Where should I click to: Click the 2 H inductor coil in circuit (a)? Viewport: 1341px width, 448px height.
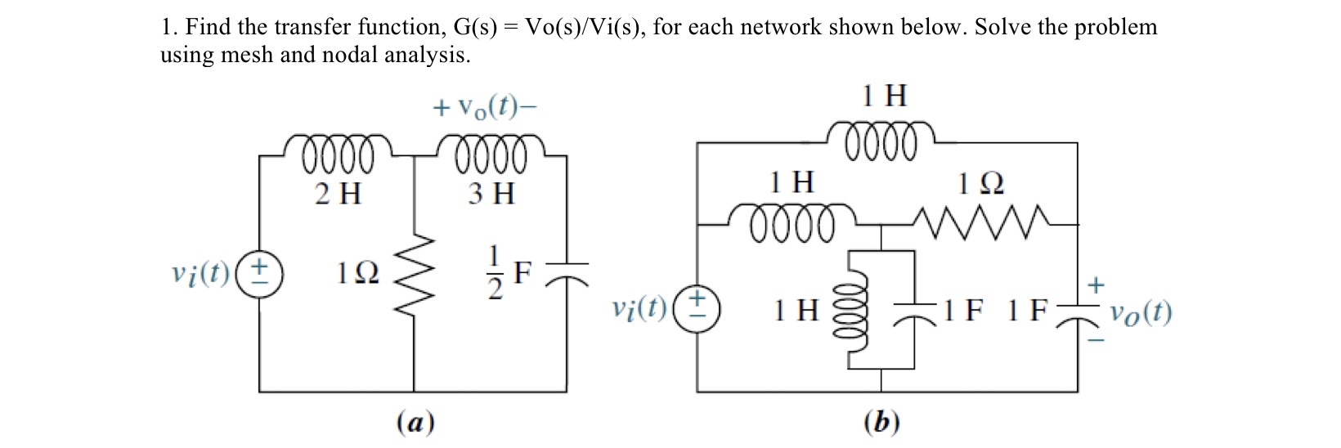click(x=338, y=154)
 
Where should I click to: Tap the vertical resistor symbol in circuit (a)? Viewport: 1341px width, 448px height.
click(x=414, y=269)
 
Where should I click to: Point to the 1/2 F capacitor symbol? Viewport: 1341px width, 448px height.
click(x=567, y=271)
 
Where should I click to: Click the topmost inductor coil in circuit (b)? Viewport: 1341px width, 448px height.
click(x=881, y=137)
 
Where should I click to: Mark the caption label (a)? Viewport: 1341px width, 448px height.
click(x=415, y=422)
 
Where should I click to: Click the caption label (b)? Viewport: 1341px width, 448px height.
click(x=881, y=422)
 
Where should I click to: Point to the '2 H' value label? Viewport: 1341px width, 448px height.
click(x=338, y=194)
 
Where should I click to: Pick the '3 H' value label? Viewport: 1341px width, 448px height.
click(x=491, y=194)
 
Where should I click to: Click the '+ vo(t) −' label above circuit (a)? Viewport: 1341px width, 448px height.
click(x=486, y=108)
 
